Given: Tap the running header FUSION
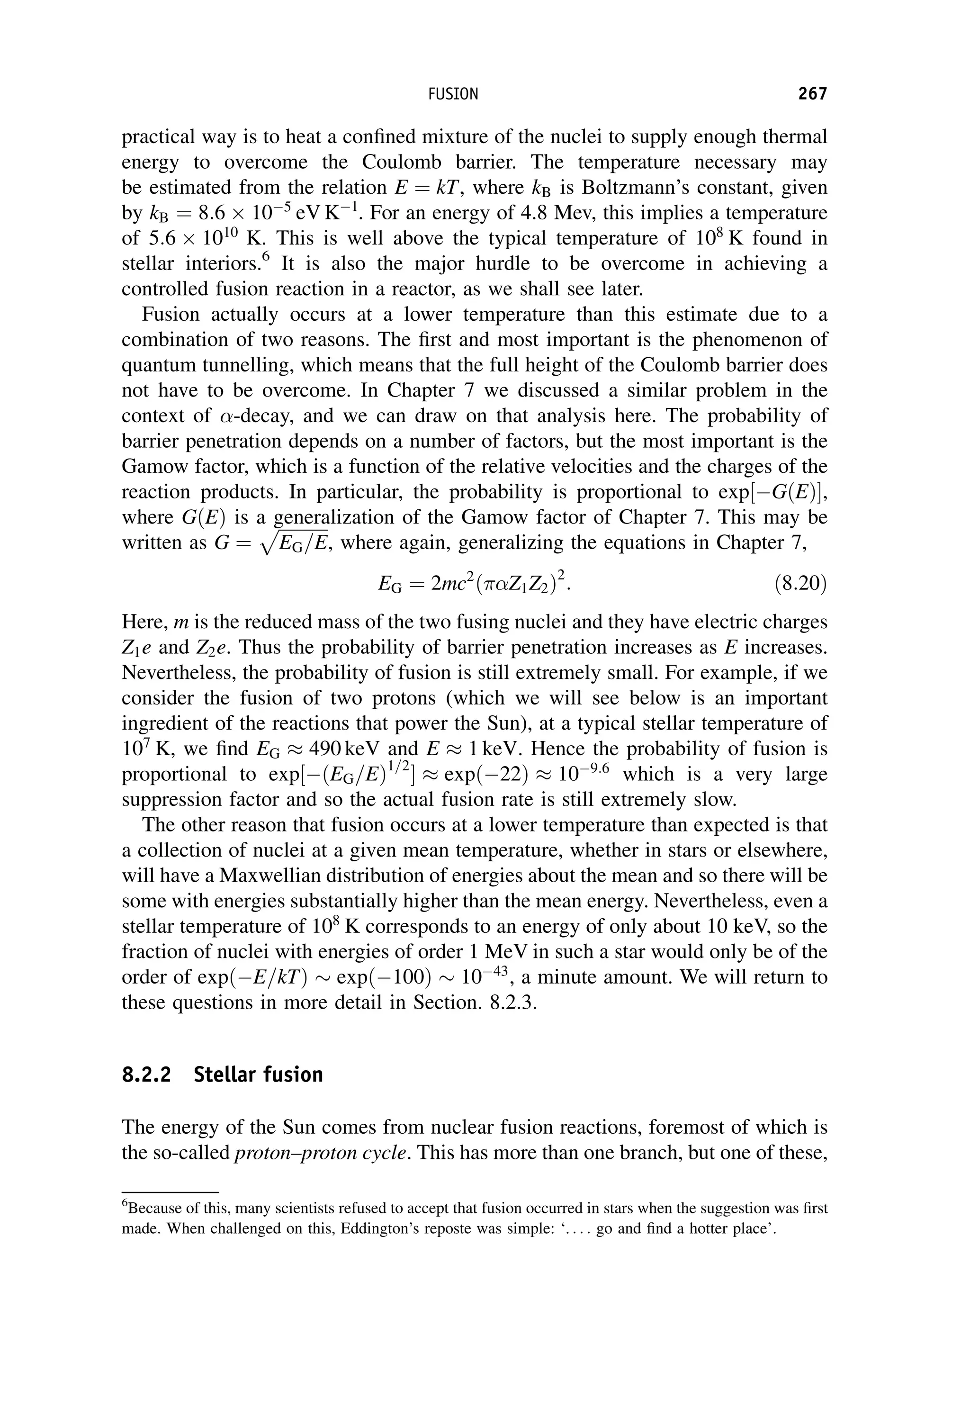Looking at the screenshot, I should [453, 94].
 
